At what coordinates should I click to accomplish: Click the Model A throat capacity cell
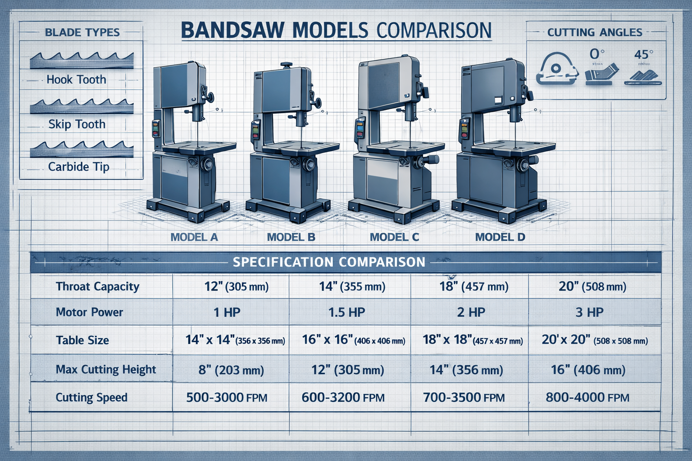click(236, 286)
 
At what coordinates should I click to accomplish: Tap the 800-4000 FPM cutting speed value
click(587, 397)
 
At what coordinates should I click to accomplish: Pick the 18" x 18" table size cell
click(472, 340)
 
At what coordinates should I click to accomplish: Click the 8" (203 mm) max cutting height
click(231, 370)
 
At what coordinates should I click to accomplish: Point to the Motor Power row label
click(89, 312)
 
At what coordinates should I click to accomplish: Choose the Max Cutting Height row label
click(105, 370)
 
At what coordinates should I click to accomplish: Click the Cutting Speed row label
click(91, 397)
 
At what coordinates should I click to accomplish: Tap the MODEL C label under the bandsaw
click(394, 237)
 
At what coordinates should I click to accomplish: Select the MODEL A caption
click(194, 237)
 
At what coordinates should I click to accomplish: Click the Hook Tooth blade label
click(76, 80)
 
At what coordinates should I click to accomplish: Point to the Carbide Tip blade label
click(78, 167)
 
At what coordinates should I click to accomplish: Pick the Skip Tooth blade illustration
click(82, 107)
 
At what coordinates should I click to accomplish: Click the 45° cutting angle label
click(643, 54)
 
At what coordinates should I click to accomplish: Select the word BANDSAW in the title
click(232, 31)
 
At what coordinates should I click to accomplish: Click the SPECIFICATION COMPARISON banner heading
click(329, 262)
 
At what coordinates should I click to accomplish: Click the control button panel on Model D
click(463, 130)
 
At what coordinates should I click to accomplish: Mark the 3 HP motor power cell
click(589, 312)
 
